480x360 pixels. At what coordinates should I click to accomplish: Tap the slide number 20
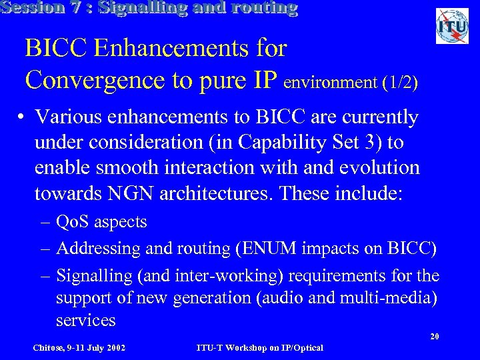click(434, 337)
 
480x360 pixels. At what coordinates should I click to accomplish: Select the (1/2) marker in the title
click(400, 83)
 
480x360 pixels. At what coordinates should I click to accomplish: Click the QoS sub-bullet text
click(101, 221)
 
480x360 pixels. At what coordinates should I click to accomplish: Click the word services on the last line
click(86, 321)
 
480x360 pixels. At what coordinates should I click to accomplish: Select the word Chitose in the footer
click(49, 347)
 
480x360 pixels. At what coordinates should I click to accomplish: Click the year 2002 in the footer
click(114, 347)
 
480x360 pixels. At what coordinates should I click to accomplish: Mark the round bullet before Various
click(22, 119)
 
